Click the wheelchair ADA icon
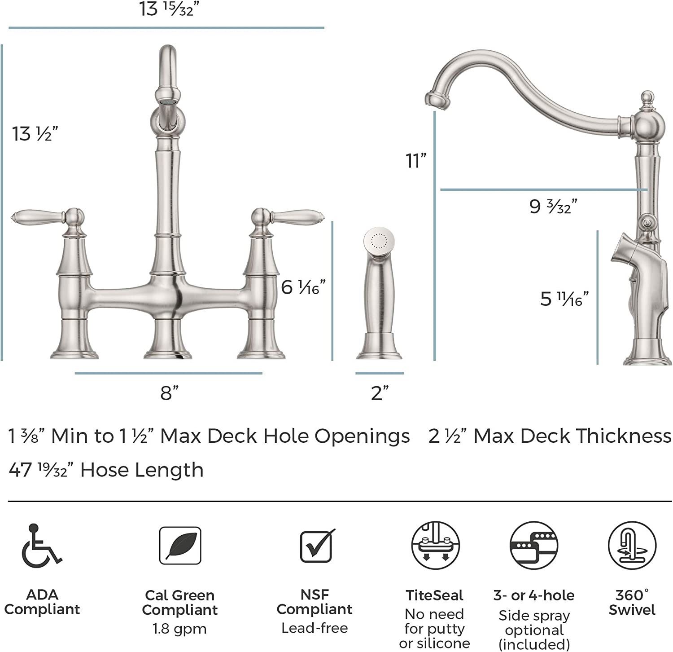41,544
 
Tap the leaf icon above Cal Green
180,546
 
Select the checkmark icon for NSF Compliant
317,546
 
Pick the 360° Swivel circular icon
632,546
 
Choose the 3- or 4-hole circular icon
533,546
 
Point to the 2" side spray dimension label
379,393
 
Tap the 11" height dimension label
415,160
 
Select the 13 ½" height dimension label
35,133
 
